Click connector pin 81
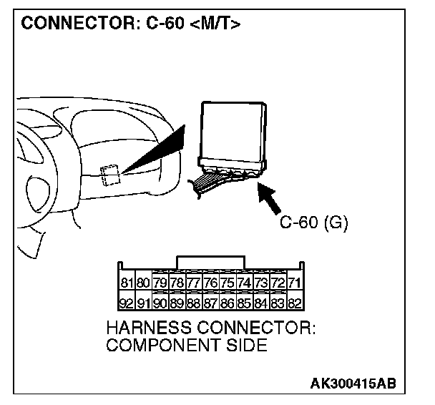(128, 283)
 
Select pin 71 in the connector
(293, 283)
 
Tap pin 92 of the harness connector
(128, 303)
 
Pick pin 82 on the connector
(293, 303)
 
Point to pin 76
(210, 283)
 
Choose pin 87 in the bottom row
(210, 303)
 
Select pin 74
(243, 283)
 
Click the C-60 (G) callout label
(313, 223)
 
